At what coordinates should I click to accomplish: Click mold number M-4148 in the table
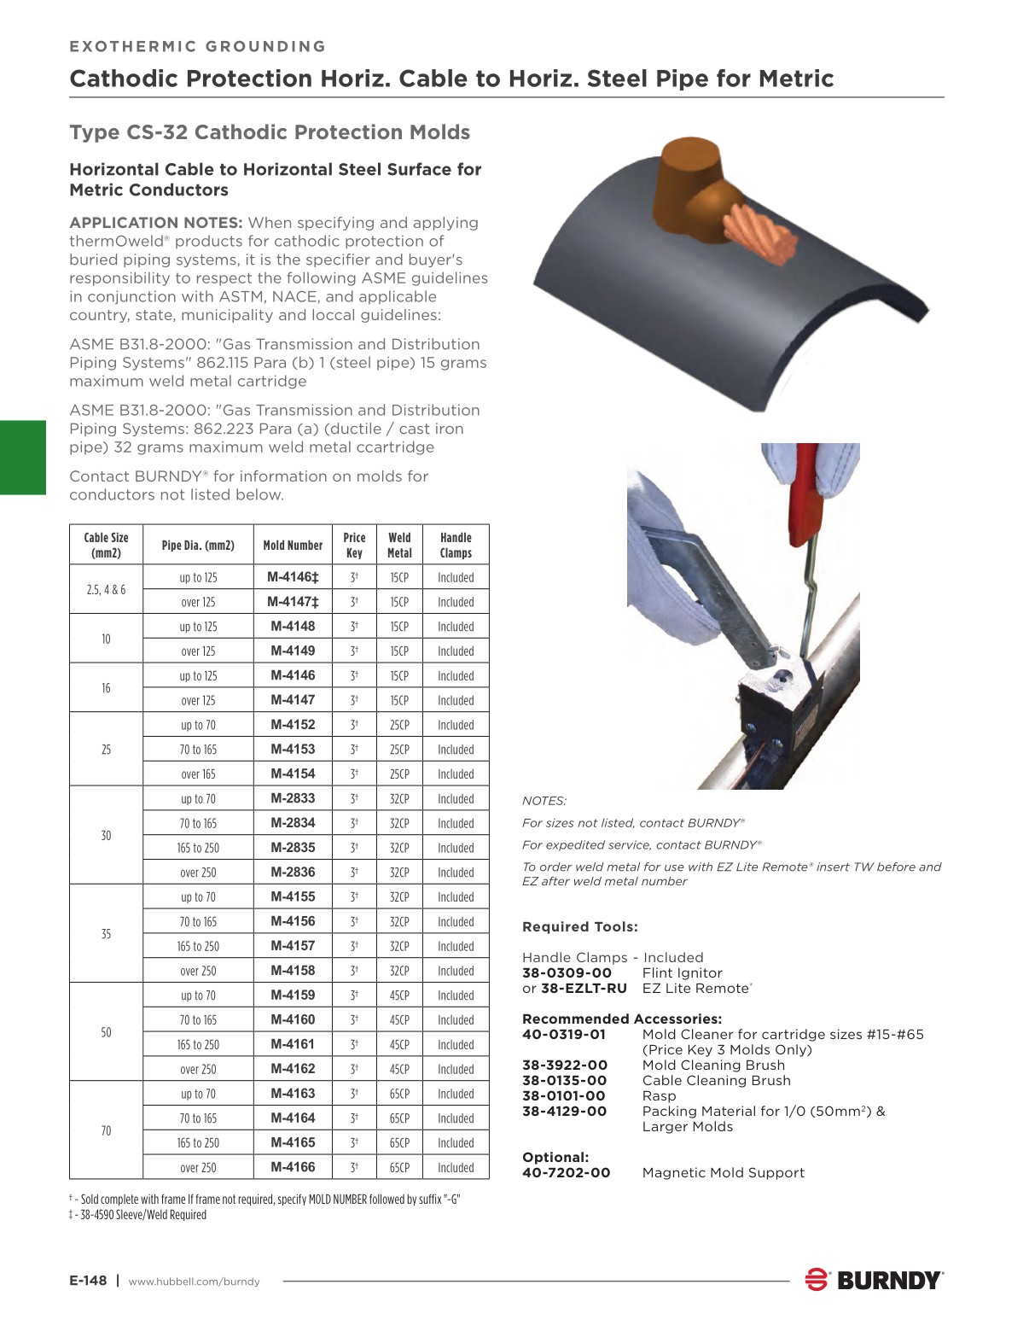click(293, 626)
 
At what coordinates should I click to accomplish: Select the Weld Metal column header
click(399, 545)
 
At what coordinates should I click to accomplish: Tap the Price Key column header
click(354, 545)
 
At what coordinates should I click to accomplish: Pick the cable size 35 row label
click(106, 934)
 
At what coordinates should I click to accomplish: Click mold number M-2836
click(293, 872)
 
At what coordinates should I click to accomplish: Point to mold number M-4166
click(293, 1167)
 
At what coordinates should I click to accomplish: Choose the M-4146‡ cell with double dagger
click(293, 577)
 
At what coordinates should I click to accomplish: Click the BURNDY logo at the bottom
click(875, 1280)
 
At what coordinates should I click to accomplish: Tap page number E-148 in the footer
click(88, 1281)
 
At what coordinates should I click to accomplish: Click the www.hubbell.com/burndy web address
click(194, 1282)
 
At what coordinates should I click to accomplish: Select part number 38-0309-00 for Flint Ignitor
click(567, 973)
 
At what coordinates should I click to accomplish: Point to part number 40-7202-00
click(566, 1173)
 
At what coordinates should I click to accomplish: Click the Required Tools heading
click(579, 927)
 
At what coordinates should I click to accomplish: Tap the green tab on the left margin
click(23, 458)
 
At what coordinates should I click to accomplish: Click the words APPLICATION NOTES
click(156, 223)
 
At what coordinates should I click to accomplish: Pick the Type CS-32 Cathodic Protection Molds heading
click(270, 132)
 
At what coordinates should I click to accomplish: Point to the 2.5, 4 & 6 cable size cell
click(106, 590)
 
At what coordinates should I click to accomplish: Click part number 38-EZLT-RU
click(584, 989)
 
